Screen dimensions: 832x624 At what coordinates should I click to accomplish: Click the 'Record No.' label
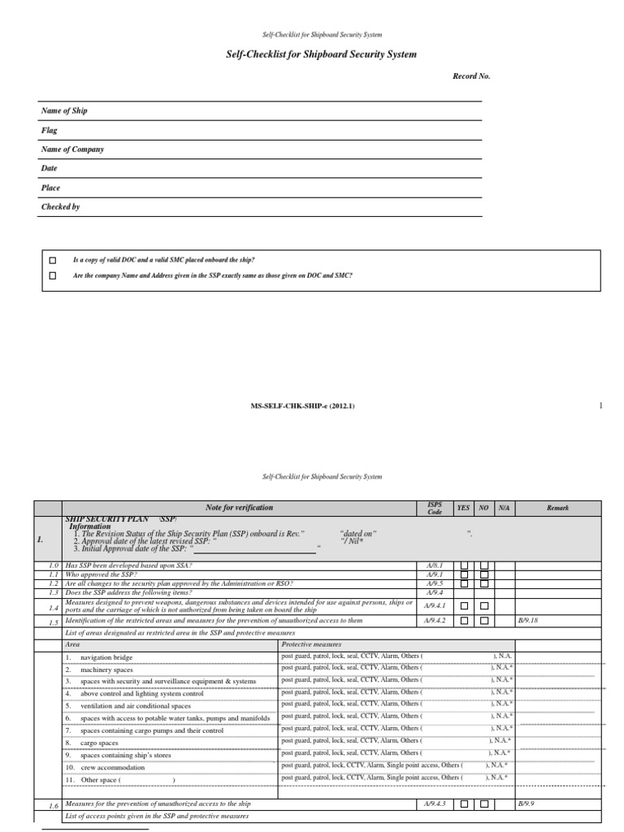[471, 76]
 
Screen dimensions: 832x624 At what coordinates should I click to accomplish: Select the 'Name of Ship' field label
[64, 110]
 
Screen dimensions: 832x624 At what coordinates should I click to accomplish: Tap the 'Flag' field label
[50, 130]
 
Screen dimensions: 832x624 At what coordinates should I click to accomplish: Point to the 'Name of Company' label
[72, 149]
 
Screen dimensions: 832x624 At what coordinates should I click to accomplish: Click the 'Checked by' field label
[61, 207]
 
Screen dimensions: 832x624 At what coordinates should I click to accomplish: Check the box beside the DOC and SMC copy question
[53, 260]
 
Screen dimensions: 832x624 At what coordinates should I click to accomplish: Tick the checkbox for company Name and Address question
[53, 275]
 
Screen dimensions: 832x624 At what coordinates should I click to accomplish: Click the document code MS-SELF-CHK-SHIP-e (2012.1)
[303, 405]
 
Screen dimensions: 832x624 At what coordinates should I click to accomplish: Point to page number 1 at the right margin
[600, 405]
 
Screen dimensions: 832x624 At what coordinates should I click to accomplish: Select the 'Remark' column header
[557, 508]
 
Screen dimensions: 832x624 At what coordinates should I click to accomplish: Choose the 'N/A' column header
[504, 508]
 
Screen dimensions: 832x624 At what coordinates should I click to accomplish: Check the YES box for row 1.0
[464, 565]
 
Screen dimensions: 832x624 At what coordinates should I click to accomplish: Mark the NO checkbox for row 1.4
[483, 606]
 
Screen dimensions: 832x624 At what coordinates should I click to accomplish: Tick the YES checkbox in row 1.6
[464, 804]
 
